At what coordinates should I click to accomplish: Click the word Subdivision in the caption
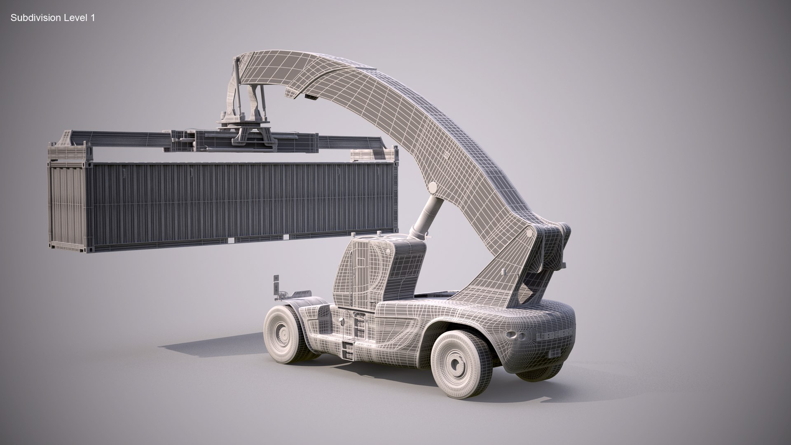point(36,18)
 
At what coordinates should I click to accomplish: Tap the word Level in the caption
point(76,18)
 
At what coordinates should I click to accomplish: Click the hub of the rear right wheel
point(455,363)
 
